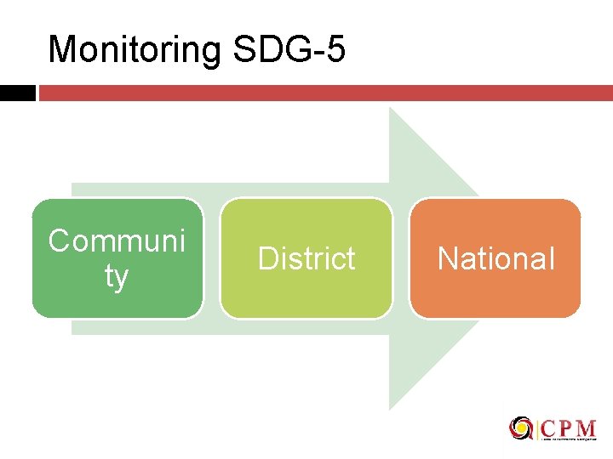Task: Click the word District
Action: pyautogui.click(x=306, y=258)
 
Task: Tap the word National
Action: pyautogui.click(x=496, y=258)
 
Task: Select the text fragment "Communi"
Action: pyautogui.click(x=117, y=241)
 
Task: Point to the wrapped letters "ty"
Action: pyautogui.click(x=117, y=276)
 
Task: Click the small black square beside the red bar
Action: pyautogui.click(x=17, y=93)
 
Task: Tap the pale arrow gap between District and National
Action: pyautogui.click(x=401, y=258)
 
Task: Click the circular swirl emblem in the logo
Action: pyautogui.click(x=520, y=428)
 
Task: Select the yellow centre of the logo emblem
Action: pyautogui.click(x=520, y=428)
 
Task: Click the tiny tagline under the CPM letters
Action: pyautogui.click(x=569, y=439)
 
